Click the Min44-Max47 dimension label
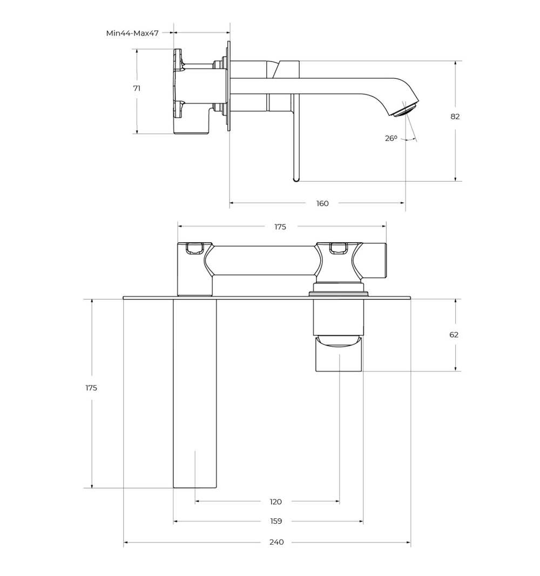132,33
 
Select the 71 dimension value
137,88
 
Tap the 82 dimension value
455,116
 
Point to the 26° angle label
391,139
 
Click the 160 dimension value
322,203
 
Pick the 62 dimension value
454,335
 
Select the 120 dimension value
275,502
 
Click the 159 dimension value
276,522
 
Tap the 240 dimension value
276,542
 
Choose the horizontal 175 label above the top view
280,227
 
